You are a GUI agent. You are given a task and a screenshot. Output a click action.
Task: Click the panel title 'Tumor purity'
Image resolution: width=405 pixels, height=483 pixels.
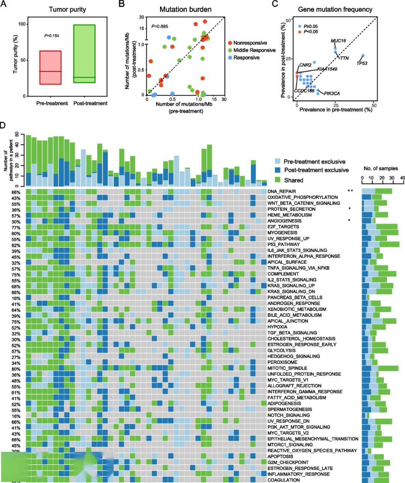coord(67,9)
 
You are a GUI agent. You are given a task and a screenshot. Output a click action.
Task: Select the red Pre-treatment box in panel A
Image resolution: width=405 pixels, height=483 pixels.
coord(50,68)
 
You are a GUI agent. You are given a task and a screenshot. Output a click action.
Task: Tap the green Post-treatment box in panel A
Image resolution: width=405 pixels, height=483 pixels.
coord(84,54)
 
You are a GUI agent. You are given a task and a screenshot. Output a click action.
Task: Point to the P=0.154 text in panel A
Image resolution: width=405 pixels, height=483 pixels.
coord(52,36)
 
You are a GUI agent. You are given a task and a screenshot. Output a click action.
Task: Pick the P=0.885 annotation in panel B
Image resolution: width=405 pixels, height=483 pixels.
coord(160,26)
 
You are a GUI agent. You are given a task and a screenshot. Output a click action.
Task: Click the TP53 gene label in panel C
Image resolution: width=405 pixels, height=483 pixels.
coord(361,63)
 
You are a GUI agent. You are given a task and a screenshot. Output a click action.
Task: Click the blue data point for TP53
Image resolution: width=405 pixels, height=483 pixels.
coord(363,56)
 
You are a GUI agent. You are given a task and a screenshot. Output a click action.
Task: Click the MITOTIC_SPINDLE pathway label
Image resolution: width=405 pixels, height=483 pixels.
coord(287,368)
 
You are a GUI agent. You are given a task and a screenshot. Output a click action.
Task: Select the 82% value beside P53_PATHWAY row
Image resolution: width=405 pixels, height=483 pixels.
coord(16,245)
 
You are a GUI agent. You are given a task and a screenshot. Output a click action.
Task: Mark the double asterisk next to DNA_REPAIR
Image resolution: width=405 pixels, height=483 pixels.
coord(350,191)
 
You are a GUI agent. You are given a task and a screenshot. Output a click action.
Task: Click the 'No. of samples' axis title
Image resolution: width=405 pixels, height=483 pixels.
coord(381,169)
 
